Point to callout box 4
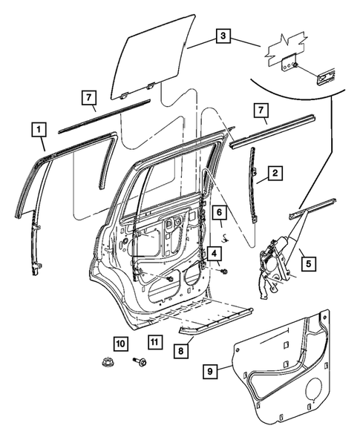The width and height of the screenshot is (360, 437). pyautogui.click(x=213, y=254)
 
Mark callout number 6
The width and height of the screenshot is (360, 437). pyautogui.click(x=220, y=213)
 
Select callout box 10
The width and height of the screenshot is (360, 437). pyautogui.click(x=120, y=342)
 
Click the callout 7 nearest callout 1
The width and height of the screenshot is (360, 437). pyautogui.click(x=88, y=98)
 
